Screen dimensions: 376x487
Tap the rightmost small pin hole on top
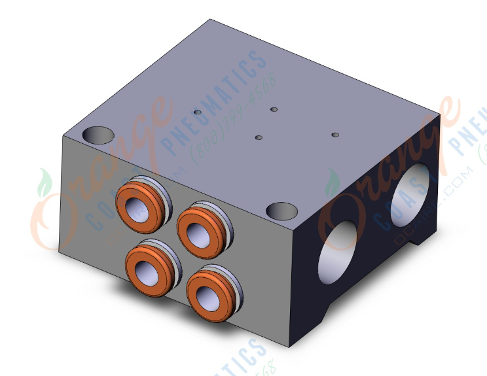click(335, 135)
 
